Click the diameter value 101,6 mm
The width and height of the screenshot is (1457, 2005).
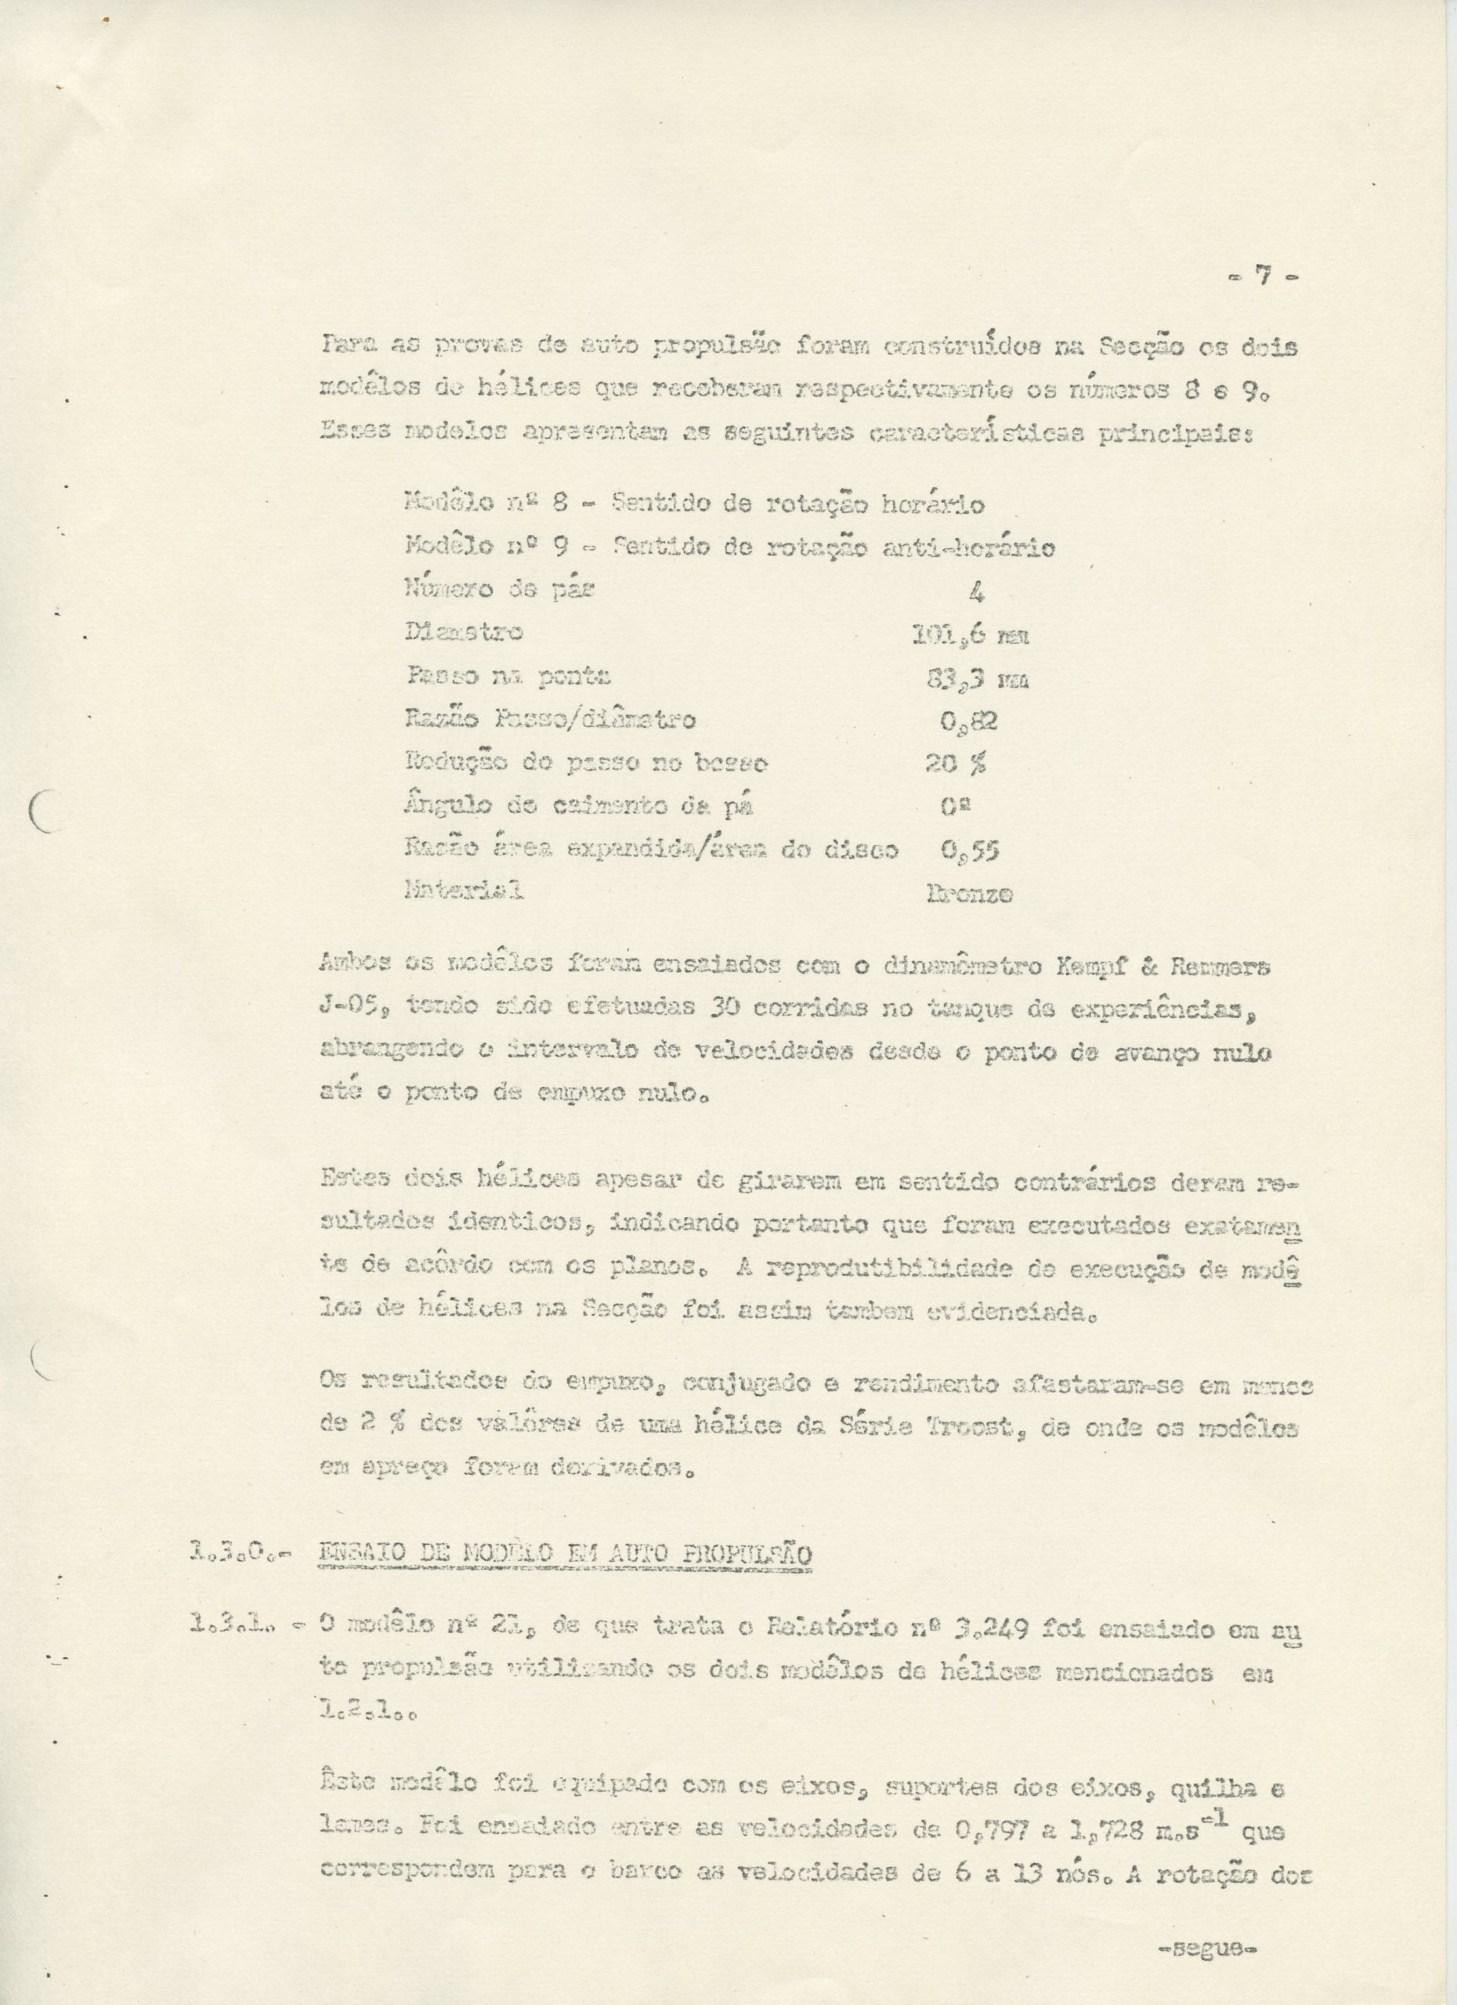click(970, 634)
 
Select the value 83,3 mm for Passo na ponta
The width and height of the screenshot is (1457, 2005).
click(977, 679)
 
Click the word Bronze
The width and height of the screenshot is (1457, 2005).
click(969, 894)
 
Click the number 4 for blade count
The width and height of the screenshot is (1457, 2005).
click(976, 592)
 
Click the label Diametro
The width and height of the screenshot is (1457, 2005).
click(463, 633)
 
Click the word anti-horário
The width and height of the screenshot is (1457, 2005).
click(969, 548)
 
